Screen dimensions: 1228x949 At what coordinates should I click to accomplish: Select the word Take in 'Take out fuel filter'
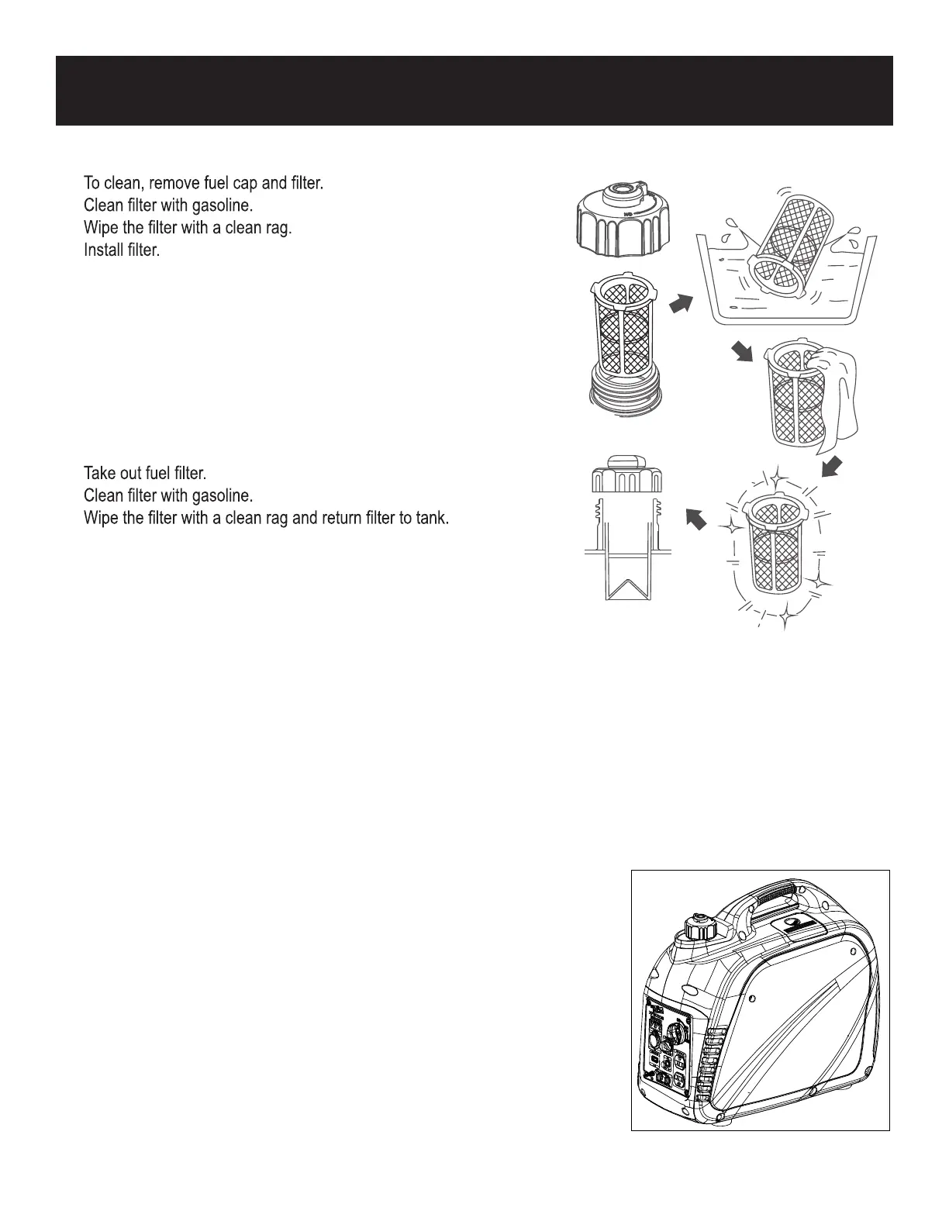click(98, 473)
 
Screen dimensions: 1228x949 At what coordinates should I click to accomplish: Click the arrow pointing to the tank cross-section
click(697, 518)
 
